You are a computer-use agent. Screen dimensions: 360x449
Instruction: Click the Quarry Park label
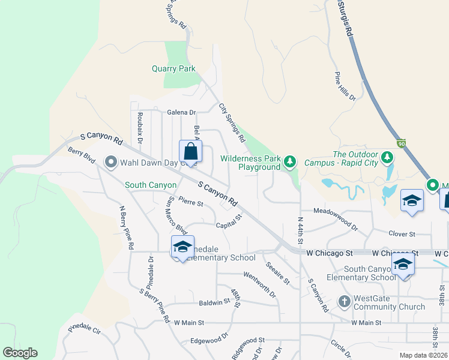[x=173, y=69]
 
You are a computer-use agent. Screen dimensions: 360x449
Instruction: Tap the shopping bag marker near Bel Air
[x=190, y=152]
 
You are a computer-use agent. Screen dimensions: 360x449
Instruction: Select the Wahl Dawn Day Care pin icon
[x=110, y=162]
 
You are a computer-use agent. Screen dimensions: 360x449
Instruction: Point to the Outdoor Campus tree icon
[x=387, y=158]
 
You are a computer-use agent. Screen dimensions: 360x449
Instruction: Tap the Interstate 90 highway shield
[x=402, y=143]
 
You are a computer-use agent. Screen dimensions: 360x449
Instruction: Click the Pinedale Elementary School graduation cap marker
[x=182, y=247]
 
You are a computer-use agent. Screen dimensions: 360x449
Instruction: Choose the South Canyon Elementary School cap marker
[x=403, y=265]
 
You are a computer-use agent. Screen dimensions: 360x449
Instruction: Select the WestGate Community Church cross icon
[x=345, y=301]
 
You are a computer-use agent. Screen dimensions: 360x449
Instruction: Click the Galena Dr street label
[x=182, y=112]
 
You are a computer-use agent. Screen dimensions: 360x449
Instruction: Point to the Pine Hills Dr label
[x=345, y=87]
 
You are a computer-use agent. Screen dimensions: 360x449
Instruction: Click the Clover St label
[x=402, y=233]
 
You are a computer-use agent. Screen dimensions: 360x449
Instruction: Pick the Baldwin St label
[x=214, y=303]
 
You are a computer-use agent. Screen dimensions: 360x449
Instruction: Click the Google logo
[x=20, y=353]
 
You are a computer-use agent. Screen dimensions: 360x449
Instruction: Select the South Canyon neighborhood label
[x=150, y=185]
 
